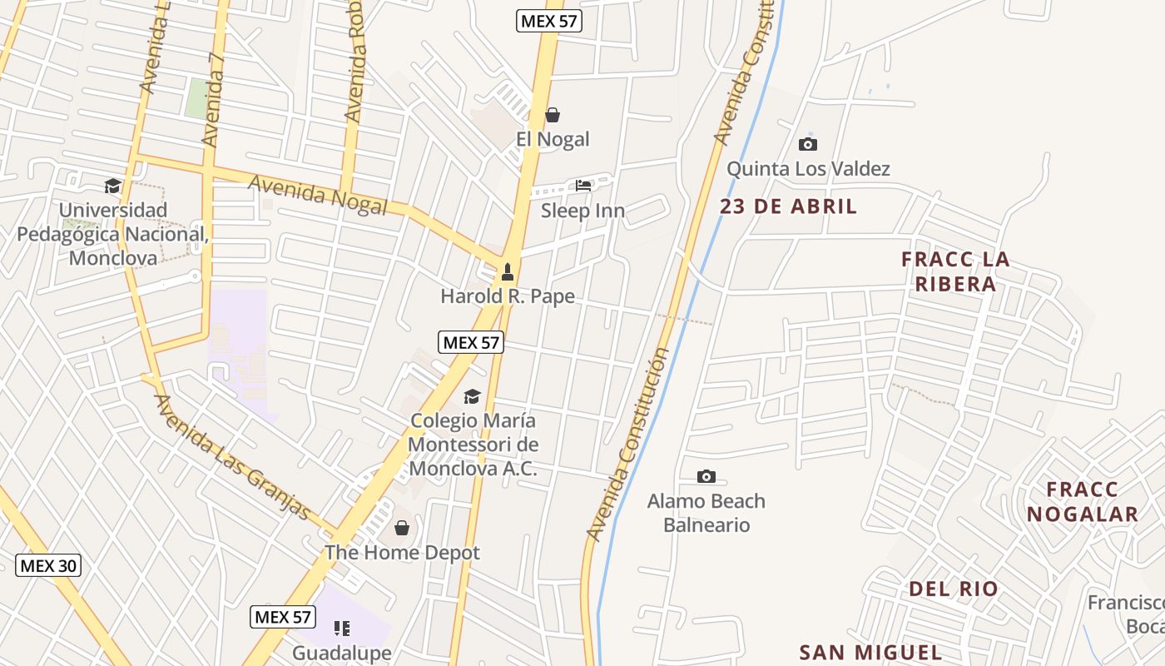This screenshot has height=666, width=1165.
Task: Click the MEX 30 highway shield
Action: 48,566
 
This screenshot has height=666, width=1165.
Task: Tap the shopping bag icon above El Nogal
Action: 553,115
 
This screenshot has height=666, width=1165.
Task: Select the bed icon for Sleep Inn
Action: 583,186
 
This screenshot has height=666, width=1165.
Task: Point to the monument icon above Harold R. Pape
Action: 507,272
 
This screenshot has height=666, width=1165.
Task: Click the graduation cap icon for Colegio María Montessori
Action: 472,396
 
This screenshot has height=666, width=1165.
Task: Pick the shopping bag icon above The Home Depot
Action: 402,528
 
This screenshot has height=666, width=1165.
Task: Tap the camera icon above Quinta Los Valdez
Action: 807,145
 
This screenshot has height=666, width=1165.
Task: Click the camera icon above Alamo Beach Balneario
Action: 706,476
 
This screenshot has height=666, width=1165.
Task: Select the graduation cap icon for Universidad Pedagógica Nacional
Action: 112,185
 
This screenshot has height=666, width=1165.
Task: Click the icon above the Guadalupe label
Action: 342,628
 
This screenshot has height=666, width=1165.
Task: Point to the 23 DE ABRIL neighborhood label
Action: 788,206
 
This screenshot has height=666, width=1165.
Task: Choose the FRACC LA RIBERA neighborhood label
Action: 955,271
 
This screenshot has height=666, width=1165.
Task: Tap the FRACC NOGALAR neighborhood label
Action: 1082,501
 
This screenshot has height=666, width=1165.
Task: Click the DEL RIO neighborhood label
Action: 953,589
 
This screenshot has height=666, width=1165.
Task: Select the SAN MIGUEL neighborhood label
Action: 870,653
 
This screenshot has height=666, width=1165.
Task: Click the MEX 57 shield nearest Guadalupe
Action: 283,617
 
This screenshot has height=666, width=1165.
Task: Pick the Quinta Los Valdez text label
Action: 808,169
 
